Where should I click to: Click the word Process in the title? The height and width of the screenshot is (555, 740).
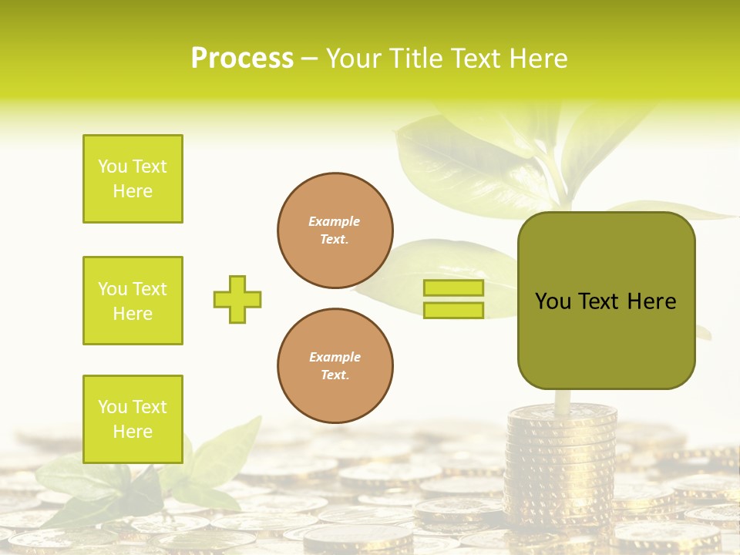[242, 59]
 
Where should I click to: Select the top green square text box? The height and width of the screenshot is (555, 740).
[133, 179]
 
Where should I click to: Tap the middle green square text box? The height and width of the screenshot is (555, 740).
[133, 301]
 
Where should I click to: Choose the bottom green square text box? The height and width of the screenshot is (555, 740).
[133, 419]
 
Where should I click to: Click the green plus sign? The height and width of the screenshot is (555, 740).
[237, 299]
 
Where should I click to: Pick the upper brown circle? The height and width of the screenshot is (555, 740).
[335, 230]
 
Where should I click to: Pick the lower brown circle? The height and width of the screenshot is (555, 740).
[335, 366]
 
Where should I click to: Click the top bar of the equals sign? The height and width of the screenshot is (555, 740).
[453, 288]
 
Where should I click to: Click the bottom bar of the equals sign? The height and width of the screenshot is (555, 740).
[453, 311]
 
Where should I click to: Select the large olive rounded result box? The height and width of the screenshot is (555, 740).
[606, 301]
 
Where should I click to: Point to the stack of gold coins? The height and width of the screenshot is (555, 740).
[561, 462]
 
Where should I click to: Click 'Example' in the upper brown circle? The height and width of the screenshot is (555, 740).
[335, 221]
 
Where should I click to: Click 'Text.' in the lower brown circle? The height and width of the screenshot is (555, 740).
[335, 375]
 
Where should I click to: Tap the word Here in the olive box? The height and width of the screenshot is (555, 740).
[651, 301]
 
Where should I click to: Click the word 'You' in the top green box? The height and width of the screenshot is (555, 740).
[112, 166]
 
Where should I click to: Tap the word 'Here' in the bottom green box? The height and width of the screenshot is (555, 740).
[133, 432]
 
